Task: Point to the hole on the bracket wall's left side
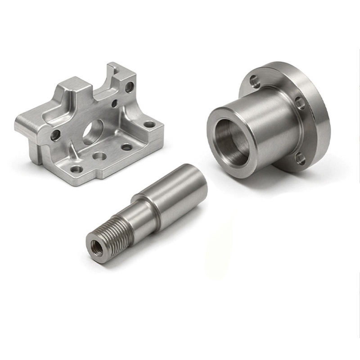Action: (x=55, y=135)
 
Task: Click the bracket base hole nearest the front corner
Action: (x=77, y=169)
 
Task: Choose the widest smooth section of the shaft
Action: (x=180, y=193)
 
